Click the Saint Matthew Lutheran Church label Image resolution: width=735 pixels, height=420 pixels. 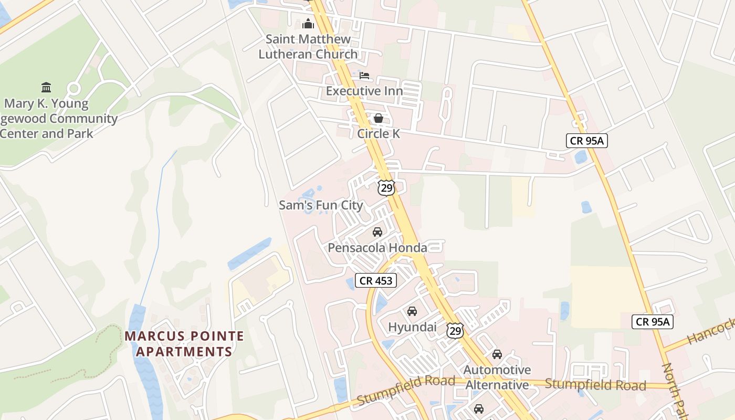[308, 46]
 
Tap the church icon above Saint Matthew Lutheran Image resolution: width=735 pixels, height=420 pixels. [308, 24]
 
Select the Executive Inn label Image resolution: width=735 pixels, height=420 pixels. [364, 91]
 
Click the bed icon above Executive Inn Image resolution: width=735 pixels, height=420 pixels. [364, 76]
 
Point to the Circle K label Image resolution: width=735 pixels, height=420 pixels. [378, 133]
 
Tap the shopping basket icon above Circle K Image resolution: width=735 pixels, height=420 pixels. [378, 118]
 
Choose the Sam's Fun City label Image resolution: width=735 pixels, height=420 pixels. [321, 205]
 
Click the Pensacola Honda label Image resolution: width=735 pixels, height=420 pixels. [377, 247]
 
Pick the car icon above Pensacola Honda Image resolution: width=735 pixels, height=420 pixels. [377, 232]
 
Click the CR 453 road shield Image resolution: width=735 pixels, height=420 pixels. [376, 280]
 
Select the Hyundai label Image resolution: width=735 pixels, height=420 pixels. [412, 327]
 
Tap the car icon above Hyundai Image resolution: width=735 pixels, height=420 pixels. [412, 311]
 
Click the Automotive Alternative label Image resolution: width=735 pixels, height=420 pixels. [497, 377]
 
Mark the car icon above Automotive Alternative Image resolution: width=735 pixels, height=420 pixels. [497, 354]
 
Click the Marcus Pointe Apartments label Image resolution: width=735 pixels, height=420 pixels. [184, 343]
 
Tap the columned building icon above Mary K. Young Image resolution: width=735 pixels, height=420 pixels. [46, 87]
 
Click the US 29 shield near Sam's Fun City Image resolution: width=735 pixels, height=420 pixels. [386, 187]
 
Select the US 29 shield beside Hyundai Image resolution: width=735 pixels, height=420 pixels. [455, 330]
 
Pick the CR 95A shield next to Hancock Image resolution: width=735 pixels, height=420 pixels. [653, 322]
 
